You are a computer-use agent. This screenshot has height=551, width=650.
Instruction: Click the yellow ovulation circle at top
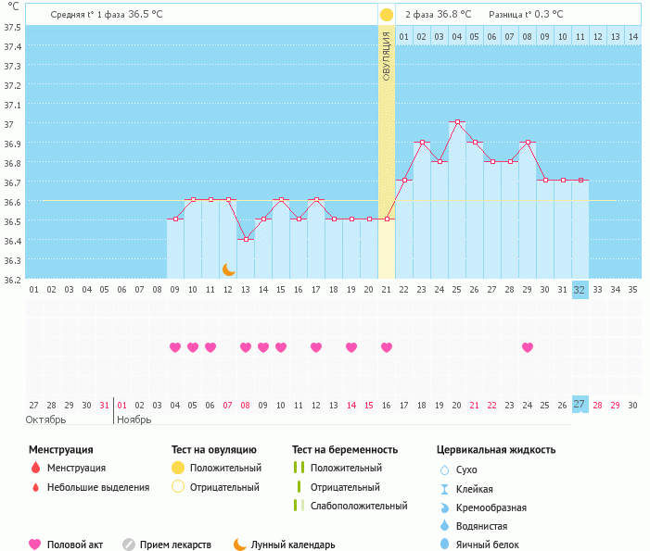point(387,15)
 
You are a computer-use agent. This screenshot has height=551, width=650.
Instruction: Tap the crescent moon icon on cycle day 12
point(228,269)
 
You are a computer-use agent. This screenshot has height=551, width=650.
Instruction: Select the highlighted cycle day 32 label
point(580,290)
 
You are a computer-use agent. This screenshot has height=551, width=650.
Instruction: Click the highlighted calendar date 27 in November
point(580,405)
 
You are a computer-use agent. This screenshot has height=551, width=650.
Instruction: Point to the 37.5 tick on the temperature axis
point(12,27)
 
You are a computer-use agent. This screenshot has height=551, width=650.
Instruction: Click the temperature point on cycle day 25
point(457,122)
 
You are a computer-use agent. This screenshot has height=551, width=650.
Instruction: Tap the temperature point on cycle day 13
point(246,239)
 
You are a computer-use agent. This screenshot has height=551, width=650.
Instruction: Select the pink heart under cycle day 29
point(528,347)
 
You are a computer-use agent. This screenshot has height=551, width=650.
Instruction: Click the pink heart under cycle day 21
point(387,347)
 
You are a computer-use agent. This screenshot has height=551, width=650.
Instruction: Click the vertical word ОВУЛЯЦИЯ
point(387,55)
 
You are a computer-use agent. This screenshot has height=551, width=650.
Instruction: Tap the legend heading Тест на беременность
point(345,450)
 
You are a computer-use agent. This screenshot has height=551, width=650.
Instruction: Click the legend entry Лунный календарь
point(294,545)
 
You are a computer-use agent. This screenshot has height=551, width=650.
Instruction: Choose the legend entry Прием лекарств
point(175,545)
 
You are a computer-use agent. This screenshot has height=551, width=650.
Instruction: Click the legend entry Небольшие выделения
point(97,487)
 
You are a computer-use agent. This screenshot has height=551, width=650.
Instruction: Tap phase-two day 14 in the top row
point(632,36)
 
